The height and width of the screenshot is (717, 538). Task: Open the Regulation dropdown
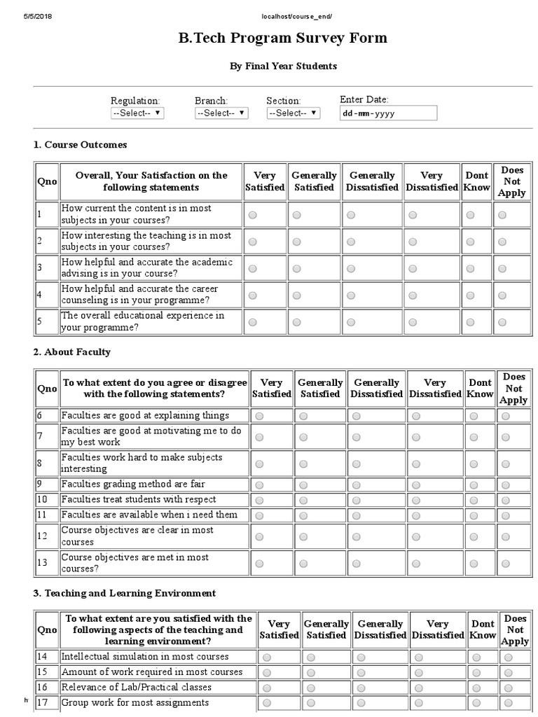point(137,113)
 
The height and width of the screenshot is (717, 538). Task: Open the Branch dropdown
point(221,113)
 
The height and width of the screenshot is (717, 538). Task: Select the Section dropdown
point(293,113)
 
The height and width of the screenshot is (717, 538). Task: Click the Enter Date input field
point(387,113)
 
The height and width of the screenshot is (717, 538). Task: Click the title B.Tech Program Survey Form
point(283,38)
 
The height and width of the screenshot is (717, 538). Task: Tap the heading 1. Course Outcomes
point(81,145)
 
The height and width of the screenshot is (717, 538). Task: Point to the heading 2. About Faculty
point(72,352)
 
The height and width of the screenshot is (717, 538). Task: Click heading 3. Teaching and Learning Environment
point(125,593)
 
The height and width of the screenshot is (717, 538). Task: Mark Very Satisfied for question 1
point(252,215)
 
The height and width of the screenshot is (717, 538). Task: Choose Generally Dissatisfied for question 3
point(351,268)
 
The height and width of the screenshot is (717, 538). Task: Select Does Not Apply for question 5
point(502,322)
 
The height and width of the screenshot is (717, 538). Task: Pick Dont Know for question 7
point(473,437)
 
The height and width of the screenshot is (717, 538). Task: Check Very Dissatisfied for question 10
point(416,500)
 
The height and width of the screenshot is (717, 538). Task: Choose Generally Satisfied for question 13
point(303,563)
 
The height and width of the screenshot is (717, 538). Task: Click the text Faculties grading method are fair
point(133,485)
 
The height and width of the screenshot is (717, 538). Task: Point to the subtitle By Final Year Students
point(283,67)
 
